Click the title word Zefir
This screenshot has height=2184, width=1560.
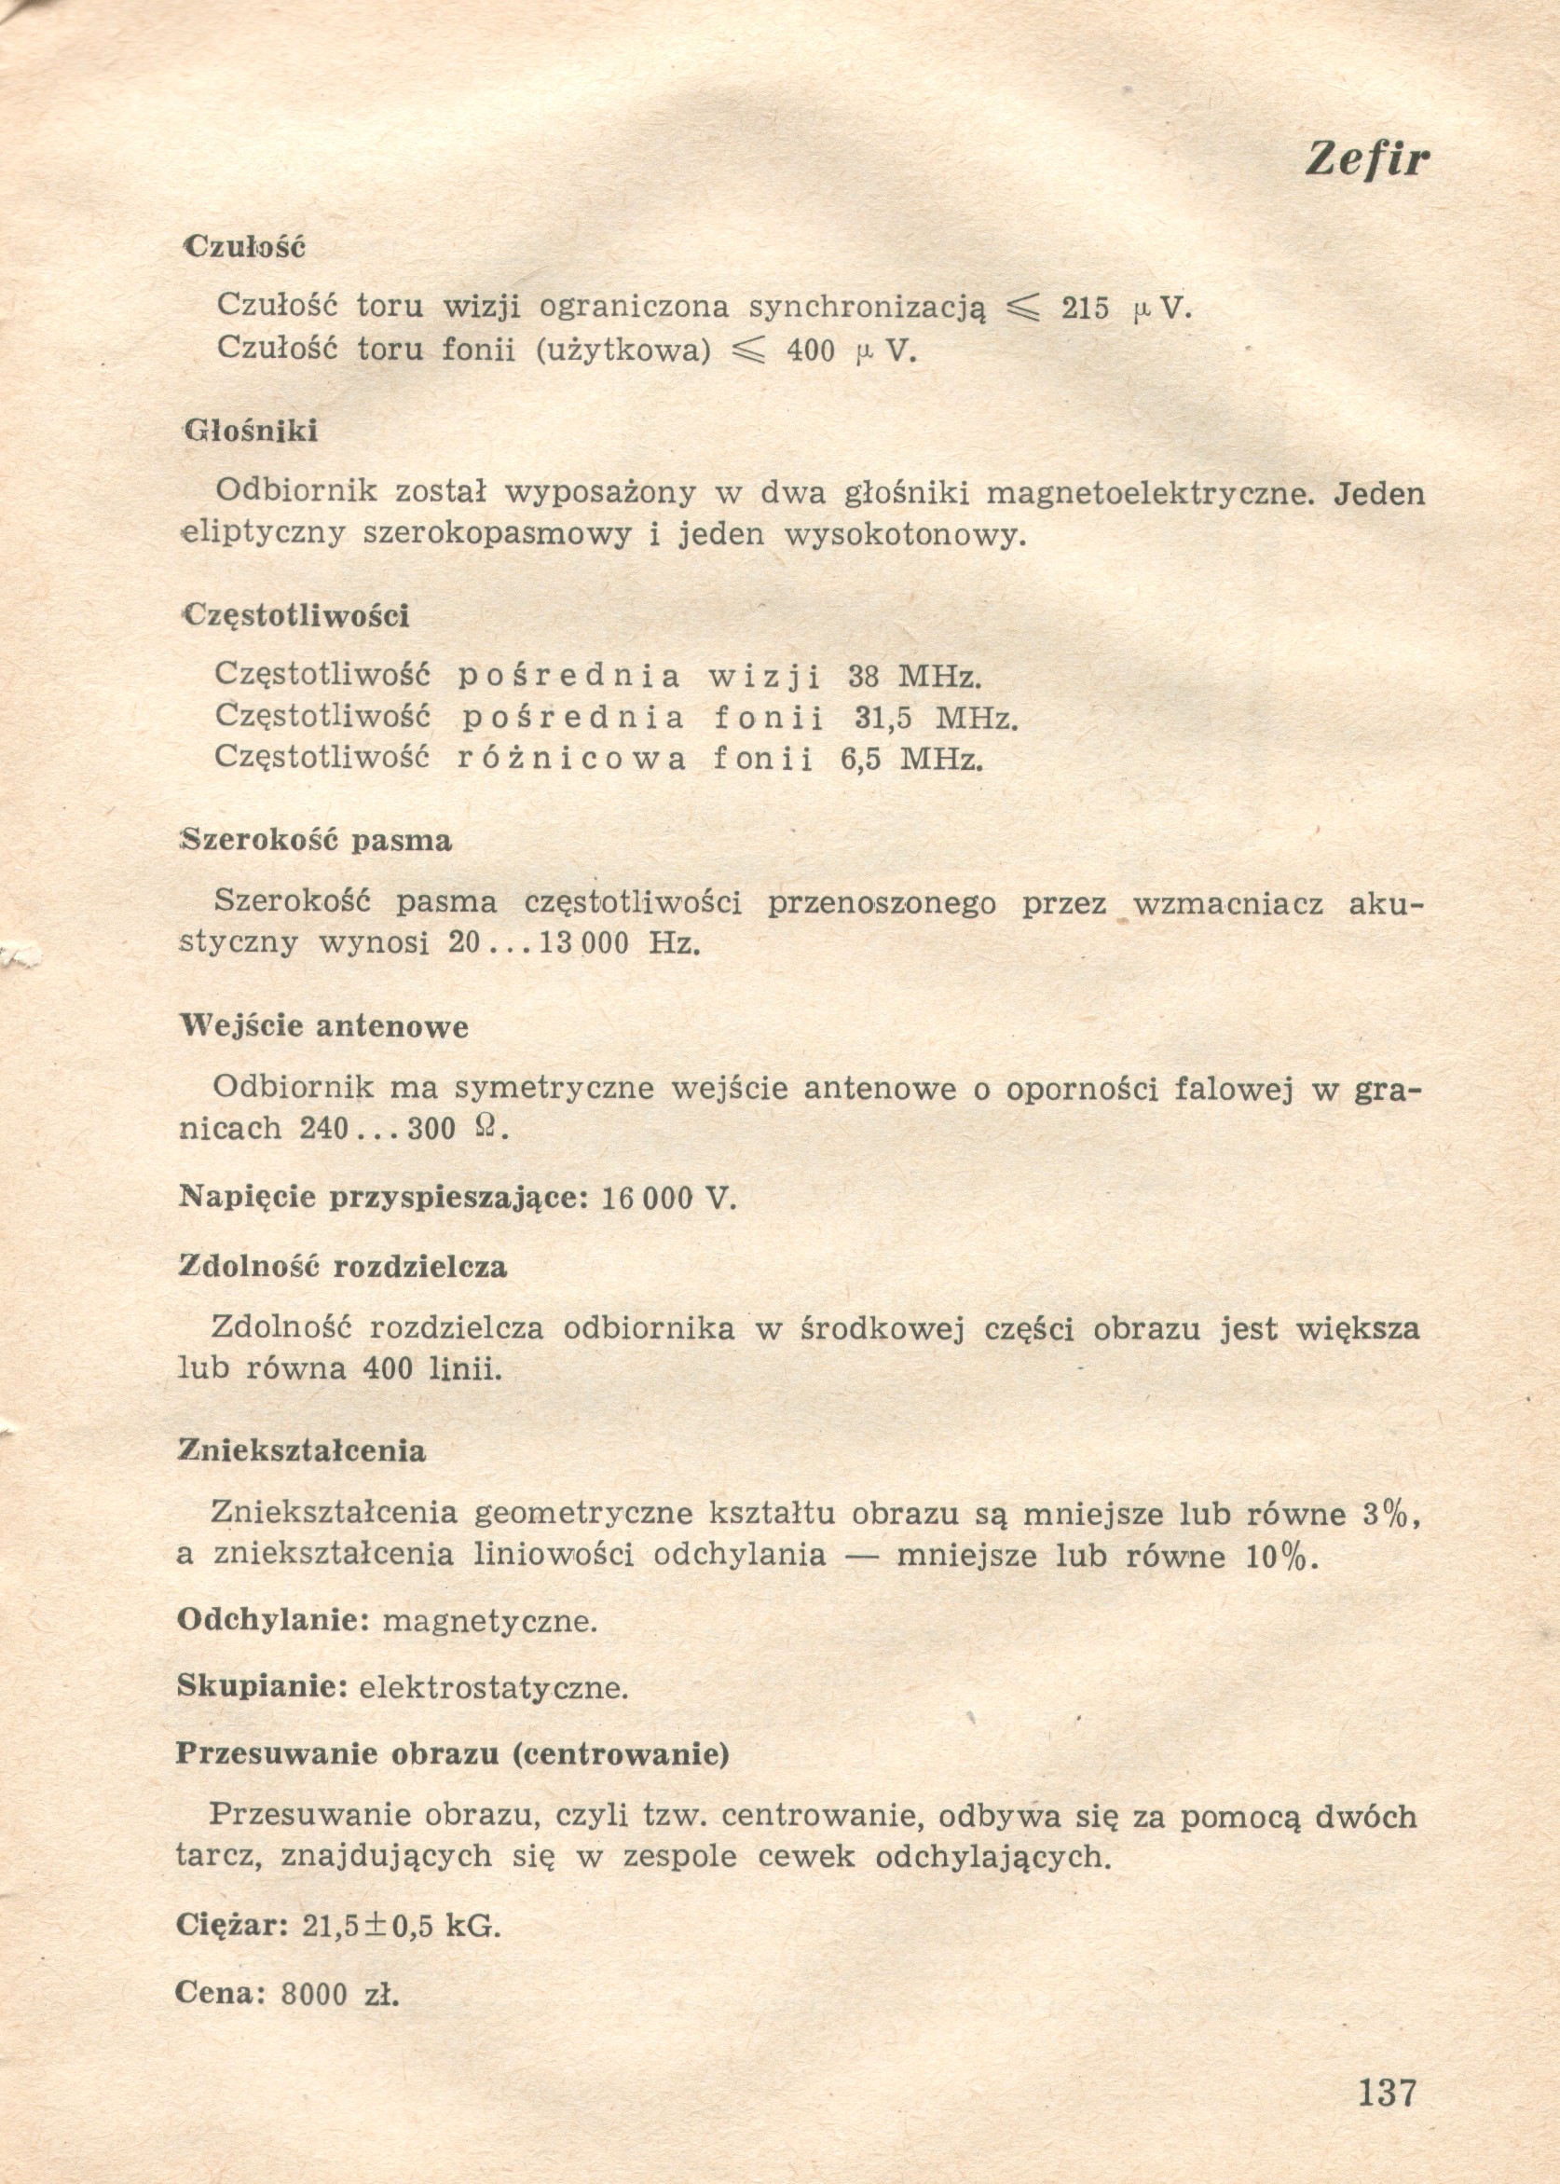tap(1367, 159)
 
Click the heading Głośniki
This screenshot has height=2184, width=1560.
tap(251, 432)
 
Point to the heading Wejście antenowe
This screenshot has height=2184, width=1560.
tap(324, 1027)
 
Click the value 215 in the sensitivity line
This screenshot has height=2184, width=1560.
tap(1086, 309)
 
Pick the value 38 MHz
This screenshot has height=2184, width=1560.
tap(914, 678)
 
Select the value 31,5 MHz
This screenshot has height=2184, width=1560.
tap(935, 718)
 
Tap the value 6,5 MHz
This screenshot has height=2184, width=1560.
tap(912, 760)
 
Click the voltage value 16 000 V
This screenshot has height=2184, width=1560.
tap(668, 1199)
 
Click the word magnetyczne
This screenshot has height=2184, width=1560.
tap(490, 1621)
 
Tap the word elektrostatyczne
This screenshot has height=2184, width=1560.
tap(494, 1688)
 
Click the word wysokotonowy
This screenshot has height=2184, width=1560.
tap(905, 534)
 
